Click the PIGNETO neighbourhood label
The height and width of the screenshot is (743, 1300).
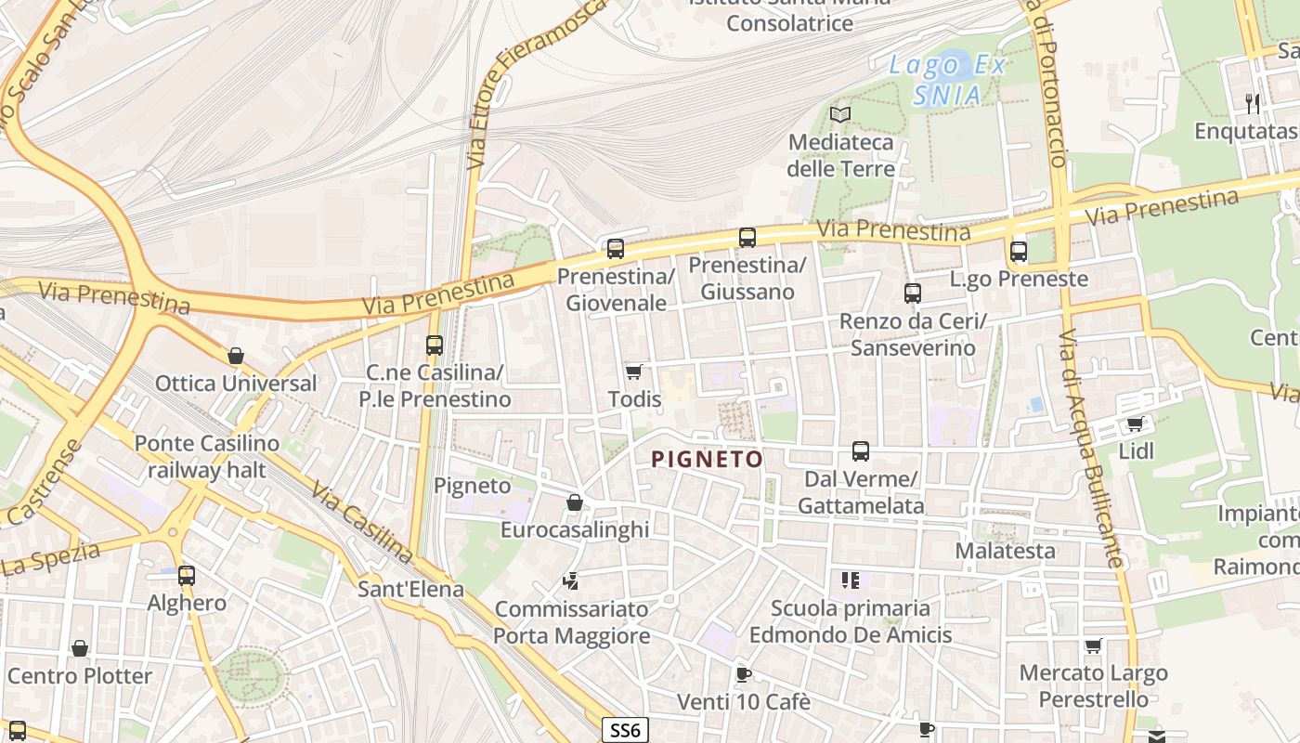tap(707, 459)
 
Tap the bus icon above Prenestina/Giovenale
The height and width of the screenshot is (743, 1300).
tap(615, 248)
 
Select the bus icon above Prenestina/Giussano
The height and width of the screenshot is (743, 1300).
tap(747, 237)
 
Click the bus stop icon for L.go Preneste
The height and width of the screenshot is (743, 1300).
tap(1019, 251)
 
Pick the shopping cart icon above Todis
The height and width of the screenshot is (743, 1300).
tap(634, 371)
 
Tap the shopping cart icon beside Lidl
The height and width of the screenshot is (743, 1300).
tap(1135, 424)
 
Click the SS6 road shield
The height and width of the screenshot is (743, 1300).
tap(625, 730)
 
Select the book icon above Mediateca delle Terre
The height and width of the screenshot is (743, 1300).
tap(840, 114)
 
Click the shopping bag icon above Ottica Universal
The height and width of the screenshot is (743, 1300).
tap(236, 356)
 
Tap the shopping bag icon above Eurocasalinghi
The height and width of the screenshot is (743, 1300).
tap(575, 502)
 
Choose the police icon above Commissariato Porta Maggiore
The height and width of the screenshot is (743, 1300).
tap(571, 581)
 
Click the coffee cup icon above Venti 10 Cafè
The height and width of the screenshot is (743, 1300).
tap(743, 674)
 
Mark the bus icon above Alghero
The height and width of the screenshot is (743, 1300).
tap(187, 575)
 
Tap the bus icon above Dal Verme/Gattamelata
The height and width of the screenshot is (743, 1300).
tap(861, 451)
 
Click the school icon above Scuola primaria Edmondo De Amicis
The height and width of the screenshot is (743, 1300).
tap(850, 580)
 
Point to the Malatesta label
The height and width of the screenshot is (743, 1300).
tap(1006, 551)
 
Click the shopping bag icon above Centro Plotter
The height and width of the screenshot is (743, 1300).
tap(80, 648)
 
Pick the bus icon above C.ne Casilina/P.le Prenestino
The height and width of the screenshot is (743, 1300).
tap(435, 345)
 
